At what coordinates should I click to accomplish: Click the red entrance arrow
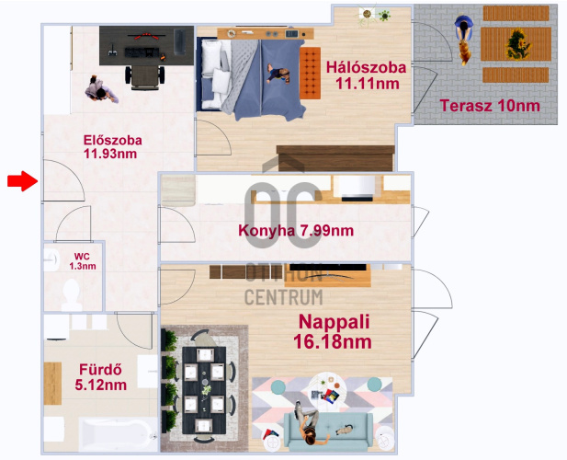tap(22, 181)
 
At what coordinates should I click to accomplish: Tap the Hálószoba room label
tap(367, 75)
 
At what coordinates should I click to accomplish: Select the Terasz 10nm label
tap(490, 106)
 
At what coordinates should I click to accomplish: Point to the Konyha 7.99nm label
tap(296, 231)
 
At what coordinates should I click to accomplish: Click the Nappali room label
tap(333, 331)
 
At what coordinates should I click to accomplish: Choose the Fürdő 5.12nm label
tap(101, 377)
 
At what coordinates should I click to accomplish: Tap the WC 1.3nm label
tap(83, 261)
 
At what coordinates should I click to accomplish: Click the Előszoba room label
tap(112, 146)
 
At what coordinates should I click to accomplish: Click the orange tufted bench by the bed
tap(311, 73)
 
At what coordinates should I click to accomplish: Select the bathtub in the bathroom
tap(118, 434)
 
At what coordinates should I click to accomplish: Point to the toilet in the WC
tap(72, 293)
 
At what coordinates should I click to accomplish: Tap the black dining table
tap(204, 390)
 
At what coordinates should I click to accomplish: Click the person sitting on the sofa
tap(307, 423)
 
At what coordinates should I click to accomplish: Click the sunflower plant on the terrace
tap(517, 44)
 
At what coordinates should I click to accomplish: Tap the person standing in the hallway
tap(101, 90)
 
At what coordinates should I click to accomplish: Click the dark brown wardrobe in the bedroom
tap(335, 158)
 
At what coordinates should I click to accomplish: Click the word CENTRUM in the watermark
tap(283, 297)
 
